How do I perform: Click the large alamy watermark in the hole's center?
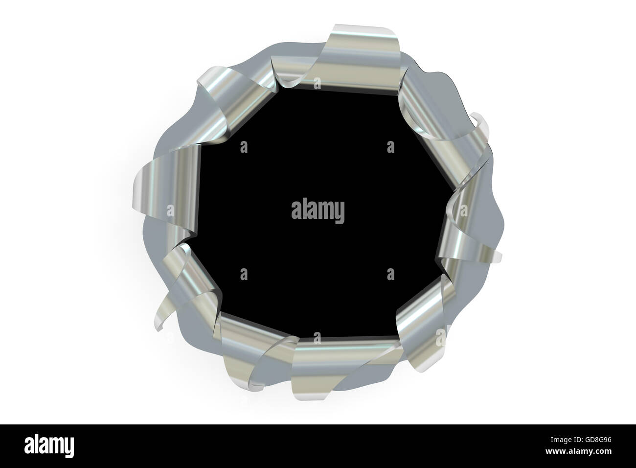pos(318,211)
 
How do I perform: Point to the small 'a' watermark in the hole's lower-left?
pos(244,273)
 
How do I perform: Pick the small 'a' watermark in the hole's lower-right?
pos(390,273)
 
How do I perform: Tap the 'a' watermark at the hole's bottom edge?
pos(318,338)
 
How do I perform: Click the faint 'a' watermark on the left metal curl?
pos(170,211)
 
